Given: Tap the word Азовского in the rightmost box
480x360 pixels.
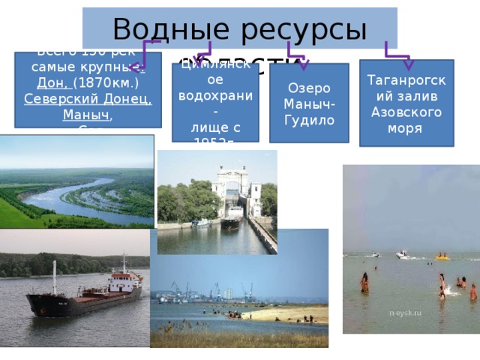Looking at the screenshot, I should coord(406,112).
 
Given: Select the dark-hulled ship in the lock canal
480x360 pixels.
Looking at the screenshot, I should coord(231,218).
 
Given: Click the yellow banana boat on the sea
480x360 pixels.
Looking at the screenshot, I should coord(443,257).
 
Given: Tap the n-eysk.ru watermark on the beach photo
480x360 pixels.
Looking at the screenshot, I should coord(405,312).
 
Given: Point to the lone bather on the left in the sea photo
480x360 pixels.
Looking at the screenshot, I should coord(364,283).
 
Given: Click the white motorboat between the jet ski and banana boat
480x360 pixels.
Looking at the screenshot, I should coord(403,255).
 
